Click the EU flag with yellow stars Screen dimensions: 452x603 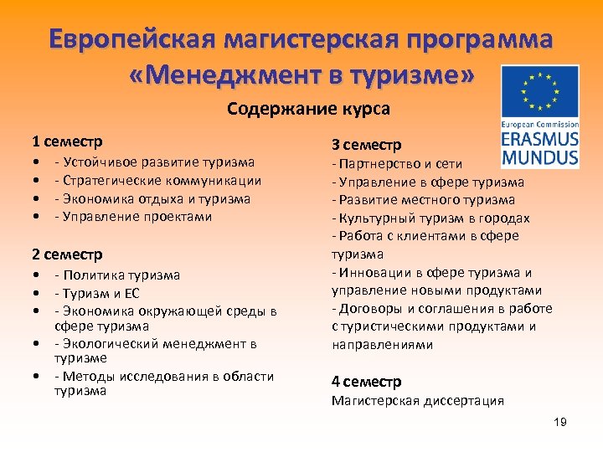(x=540, y=90)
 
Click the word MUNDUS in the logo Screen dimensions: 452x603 (x=540, y=157)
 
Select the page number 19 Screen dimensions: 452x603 (x=560, y=422)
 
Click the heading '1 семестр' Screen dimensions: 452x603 (x=67, y=141)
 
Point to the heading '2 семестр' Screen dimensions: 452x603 (x=67, y=254)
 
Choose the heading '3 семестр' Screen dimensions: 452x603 (x=366, y=144)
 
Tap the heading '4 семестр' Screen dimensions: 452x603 (x=366, y=382)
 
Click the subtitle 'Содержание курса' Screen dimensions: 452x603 (x=308, y=109)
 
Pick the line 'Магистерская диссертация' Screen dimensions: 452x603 (x=418, y=401)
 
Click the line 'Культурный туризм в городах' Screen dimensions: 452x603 (x=430, y=218)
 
